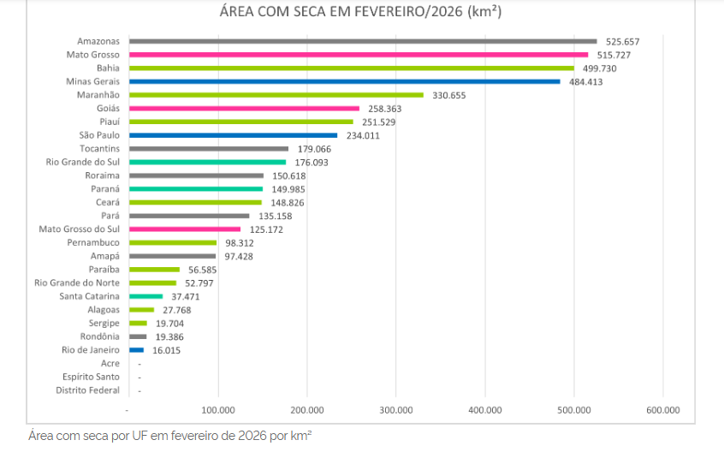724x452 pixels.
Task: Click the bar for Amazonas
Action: point(363,41)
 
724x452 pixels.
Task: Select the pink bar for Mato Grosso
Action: point(359,55)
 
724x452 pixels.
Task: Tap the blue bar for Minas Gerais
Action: point(344,81)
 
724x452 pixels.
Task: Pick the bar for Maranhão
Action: point(276,95)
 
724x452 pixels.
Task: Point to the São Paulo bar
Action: point(233,135)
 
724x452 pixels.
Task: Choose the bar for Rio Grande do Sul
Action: point(207,162)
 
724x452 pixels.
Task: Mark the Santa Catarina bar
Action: point(145,296)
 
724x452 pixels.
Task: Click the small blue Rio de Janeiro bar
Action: point(136,350)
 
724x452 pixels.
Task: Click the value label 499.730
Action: point(600,68)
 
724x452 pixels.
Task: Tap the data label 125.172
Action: point(266,229)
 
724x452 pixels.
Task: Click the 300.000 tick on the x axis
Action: point(395,410)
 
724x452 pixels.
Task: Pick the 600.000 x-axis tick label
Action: point(662,410)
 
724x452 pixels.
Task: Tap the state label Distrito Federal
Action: point(88,390)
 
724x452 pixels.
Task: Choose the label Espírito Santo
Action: point(91,377)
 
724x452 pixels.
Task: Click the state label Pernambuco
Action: point(93,242)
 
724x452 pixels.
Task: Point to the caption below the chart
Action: point(169,436)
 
